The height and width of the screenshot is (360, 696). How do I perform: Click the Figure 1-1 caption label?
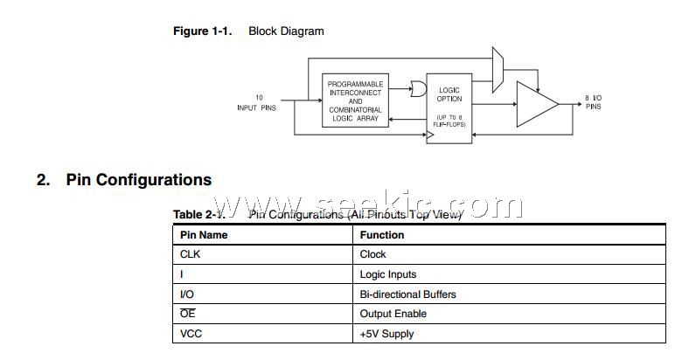click(202, 31)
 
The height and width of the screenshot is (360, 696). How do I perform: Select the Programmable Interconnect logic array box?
click(355, 100)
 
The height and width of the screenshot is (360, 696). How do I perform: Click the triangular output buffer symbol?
click(535, 105)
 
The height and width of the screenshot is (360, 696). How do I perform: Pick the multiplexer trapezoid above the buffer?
click(498, 70)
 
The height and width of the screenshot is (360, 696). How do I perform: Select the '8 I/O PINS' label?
click(594, 102)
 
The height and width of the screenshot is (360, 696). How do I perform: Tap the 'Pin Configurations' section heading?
click(138, 180)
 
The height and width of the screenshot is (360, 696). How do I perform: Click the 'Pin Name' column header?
click(204, 235)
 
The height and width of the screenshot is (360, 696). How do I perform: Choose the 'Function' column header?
click(382, 235)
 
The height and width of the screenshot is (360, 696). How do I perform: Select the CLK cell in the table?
click(190, 255)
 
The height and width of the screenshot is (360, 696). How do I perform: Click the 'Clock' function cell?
click(372, 255)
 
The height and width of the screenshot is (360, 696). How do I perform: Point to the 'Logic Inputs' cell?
click(388, 274)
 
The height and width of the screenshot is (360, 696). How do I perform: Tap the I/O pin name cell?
click(186, 294)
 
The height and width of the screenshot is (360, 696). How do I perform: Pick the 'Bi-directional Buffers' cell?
click(407, 294)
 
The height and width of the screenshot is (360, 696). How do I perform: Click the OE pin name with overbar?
click(187, 314)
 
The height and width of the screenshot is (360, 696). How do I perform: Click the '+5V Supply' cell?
click(386, 334)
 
